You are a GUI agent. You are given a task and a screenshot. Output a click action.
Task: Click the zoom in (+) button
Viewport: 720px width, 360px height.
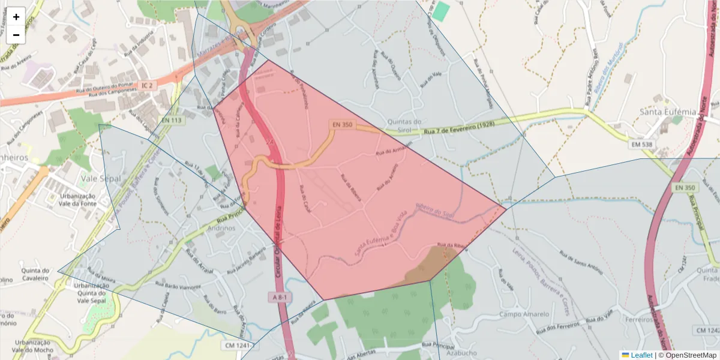(x=16, y=17)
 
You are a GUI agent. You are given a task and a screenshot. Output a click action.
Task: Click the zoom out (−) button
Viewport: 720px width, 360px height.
(x=16, y=35)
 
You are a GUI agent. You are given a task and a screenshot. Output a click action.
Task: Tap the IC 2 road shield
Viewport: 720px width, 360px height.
(x=147, y=86)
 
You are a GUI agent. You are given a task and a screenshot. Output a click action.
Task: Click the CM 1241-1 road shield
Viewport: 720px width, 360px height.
(x=239, y=345)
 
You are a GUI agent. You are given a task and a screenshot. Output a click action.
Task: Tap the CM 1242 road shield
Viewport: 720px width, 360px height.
(x=707, y=331)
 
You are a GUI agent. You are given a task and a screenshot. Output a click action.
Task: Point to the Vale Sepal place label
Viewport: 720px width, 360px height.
(x=100, y=179)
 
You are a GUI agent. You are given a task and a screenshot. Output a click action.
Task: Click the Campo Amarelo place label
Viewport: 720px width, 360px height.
(x=524, y=314)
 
